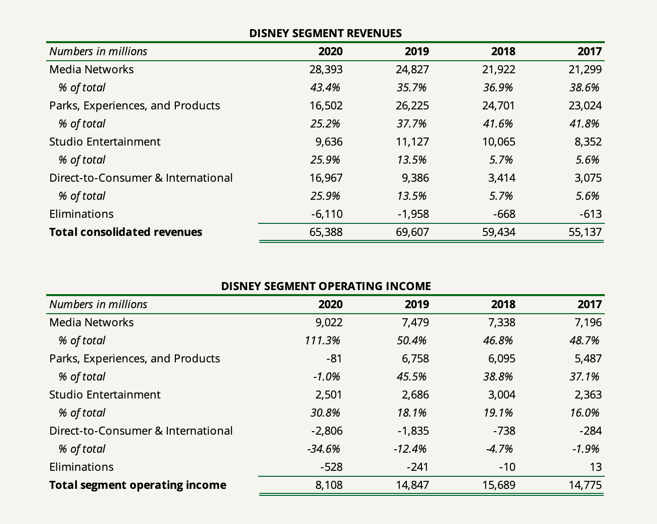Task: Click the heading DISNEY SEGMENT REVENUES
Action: click(325, 33)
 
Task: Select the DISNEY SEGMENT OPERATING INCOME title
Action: click(325, 286)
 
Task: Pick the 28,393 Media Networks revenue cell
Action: click(326, 69)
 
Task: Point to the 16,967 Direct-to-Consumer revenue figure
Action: click(326, 178)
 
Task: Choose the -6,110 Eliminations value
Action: click(327, 214)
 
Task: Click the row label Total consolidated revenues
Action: click(126, 232)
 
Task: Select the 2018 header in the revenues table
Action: click(503, 51)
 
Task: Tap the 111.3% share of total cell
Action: click(322, 340)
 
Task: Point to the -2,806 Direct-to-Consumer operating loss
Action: click(327, 431)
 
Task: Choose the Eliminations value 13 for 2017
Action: click(596, 467)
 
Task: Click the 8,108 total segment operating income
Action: click(329, 485)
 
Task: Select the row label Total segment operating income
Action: click(138, 485)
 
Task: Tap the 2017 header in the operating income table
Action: click(589, 304)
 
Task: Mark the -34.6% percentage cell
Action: click(324, 449)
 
